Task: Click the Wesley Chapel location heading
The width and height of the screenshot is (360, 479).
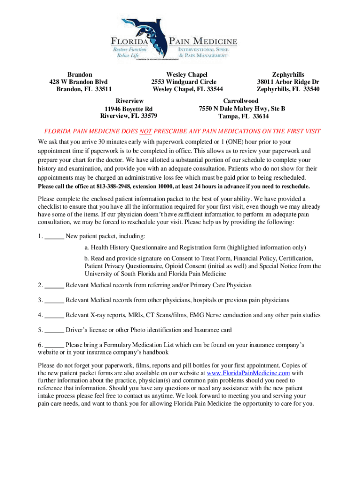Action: pyautogui.click(x=187, y=74)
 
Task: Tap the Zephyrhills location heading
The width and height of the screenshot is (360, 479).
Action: pyautogui.click(x=288, y=74)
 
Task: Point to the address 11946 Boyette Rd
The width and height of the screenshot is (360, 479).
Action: pyautogui.click(x=129, y=109)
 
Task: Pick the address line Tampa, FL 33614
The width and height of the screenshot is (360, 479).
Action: pyautogui.click(x=243, y=116)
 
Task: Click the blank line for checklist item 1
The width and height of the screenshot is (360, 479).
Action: pyautogui.click(x=54, y=236)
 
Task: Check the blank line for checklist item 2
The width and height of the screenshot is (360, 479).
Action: pyautogui.click(x=54, y=285)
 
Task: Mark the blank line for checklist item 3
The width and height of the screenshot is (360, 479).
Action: pyautogui.click(x=54, y=300)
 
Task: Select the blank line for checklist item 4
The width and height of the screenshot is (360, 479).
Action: pyautogui.click(x=54, y=315)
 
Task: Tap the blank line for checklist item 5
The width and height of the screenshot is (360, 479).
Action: pyautogui.click(x=54, y=330)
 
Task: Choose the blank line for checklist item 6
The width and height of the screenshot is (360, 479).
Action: pyautogui.click(x=54, y=345)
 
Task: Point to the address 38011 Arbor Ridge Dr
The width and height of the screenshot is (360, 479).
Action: pyautogui.click(x=288, y=82)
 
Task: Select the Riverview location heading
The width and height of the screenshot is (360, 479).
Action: pyautogui.click(x=129, y=101)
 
